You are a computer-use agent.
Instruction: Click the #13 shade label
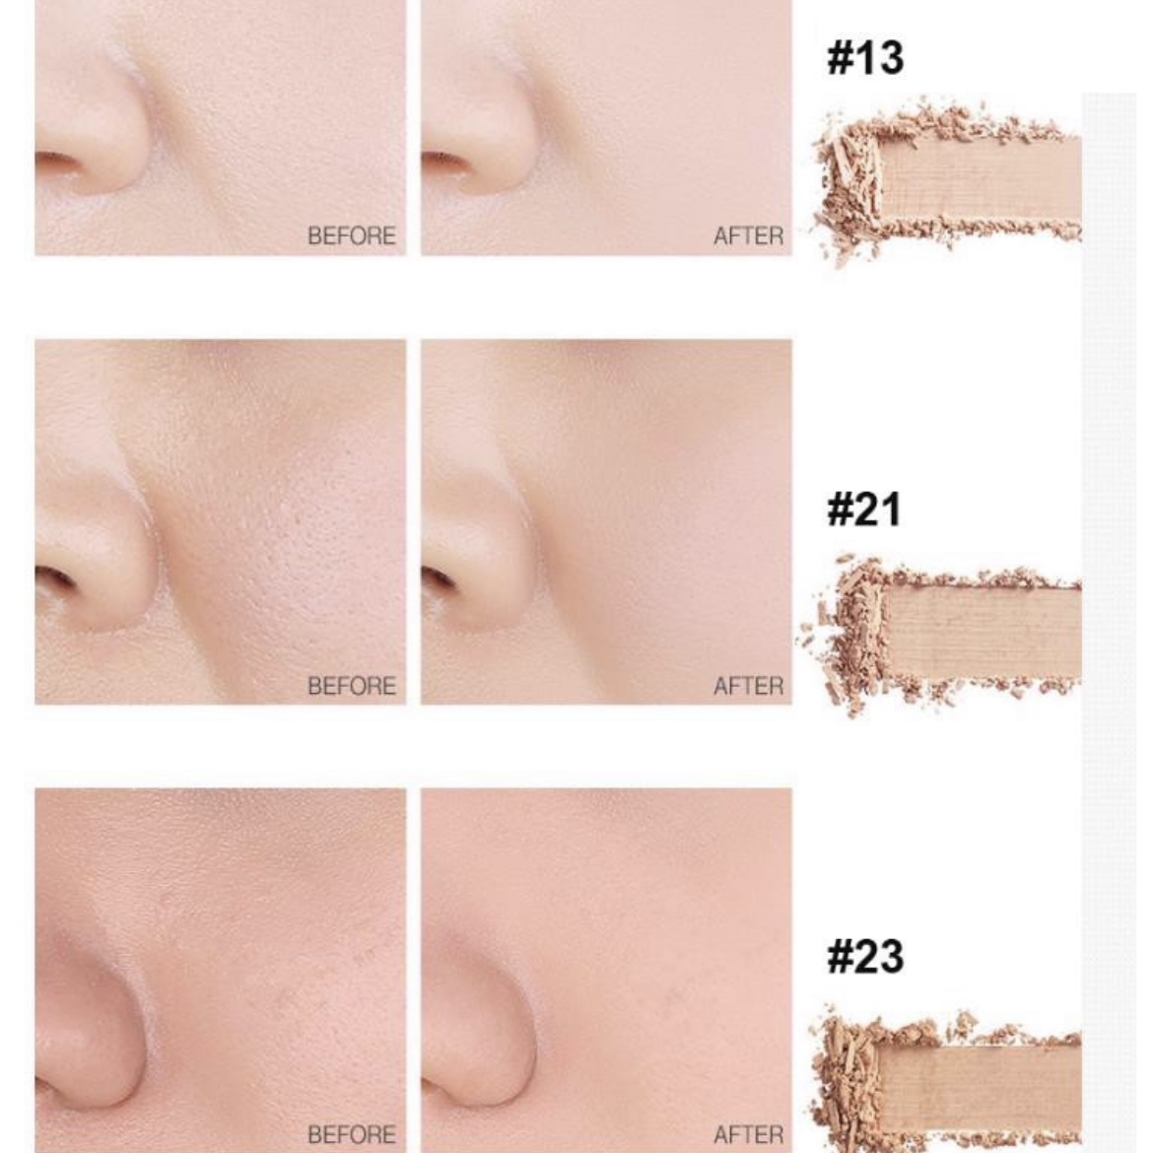point(865,58)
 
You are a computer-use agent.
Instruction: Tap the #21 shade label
point(864,509)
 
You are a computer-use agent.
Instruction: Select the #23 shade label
point(865,957)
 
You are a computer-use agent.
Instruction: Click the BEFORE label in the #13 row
point(352,237)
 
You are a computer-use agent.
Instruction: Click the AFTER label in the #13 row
point(749,237)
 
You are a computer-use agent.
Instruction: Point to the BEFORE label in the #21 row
point(352,686)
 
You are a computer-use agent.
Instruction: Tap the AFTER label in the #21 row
point(749,686)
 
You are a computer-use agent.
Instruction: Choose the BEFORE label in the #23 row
point(352,1134)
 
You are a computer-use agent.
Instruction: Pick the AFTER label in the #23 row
point(749,1134)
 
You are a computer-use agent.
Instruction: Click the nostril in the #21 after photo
point(439,578)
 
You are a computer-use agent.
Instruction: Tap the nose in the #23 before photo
point(90,1030)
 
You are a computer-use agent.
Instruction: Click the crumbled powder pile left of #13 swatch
point(849,184)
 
